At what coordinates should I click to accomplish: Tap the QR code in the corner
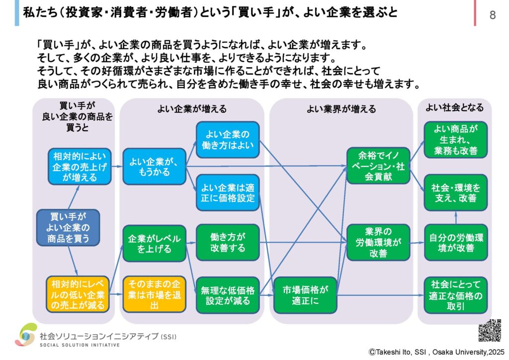click(x=489, y=331)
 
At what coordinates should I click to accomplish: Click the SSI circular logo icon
click(x=25, y=334)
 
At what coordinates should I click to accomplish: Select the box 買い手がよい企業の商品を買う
click(x=69, y=228)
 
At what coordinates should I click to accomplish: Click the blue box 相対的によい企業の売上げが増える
click(x=80, y=166)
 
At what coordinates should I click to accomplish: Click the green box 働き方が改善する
click(x=228, y=242)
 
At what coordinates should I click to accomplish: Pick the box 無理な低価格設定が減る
click(x=228, y=294)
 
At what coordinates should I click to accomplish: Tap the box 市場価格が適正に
click(x=305, y=294)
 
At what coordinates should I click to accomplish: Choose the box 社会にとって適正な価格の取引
click(x=456, y=294)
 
